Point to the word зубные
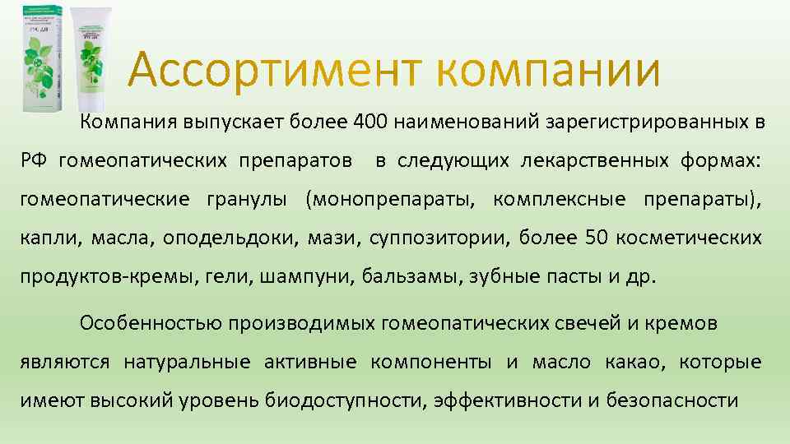[x=498, y=277]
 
